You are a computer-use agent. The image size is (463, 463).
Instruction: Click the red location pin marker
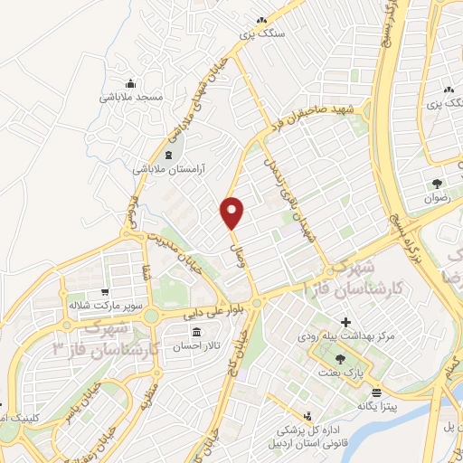[233, 213]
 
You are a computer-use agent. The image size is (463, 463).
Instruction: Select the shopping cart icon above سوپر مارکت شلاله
[106, 292]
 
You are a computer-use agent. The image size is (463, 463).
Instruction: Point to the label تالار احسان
[198, 348]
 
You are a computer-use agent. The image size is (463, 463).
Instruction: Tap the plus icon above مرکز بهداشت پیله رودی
[345, 322]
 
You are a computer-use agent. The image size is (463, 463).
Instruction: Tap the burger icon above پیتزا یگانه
[374, 392]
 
